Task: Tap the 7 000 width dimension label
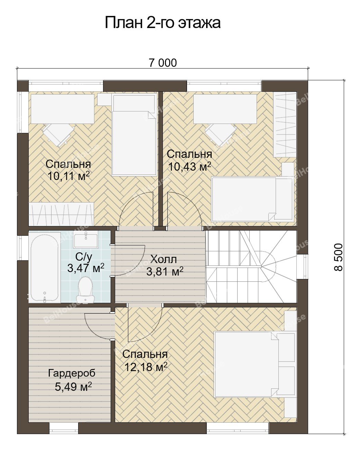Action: (x=163, y=63)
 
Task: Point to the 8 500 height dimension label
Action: (x=339, y=257)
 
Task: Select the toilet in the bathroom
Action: (x=85, y=290)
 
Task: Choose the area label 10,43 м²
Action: (x=190, y=167)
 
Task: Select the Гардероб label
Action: (x=72, y=373)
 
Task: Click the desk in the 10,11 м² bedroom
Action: (x=63, y=109)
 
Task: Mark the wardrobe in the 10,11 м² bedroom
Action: (x=61, y=214)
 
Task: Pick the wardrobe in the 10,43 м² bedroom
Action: (x=285, y=124)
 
